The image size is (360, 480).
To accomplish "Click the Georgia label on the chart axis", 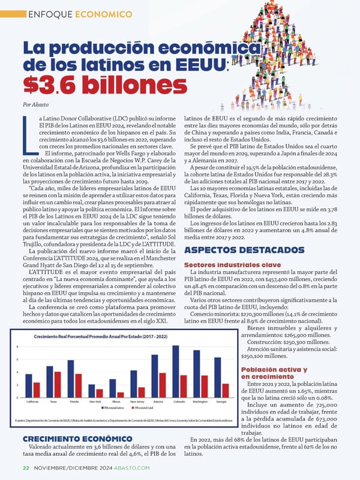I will pyautogui.click(x=221, y=401).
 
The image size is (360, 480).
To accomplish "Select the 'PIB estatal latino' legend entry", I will pyautogui.click(x=113, y=408).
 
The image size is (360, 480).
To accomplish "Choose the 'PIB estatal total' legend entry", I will pyautogui.click(x=142, y=408).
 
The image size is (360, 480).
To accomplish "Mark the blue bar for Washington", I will pyautogui.click(x=196, y=373).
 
